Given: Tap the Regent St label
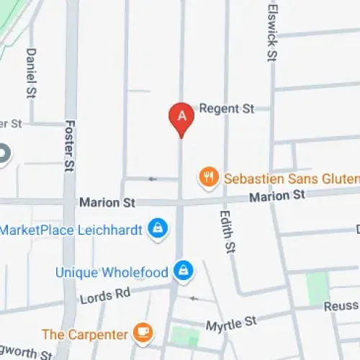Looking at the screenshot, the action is [227, 109].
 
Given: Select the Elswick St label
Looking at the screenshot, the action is [271, 35].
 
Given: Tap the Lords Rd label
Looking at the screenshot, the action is [105, 294].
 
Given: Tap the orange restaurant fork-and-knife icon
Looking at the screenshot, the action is [208, 177].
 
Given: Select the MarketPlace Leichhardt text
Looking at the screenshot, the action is [71, 230].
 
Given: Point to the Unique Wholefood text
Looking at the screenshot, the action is [112, 272].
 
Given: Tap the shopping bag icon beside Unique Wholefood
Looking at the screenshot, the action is [184, 271].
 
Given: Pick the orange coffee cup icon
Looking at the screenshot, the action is [144, 333].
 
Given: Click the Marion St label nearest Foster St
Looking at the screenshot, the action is [107, 204].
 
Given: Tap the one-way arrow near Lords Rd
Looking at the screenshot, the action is [192, 298].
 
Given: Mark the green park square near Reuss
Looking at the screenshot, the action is [317, 287].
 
